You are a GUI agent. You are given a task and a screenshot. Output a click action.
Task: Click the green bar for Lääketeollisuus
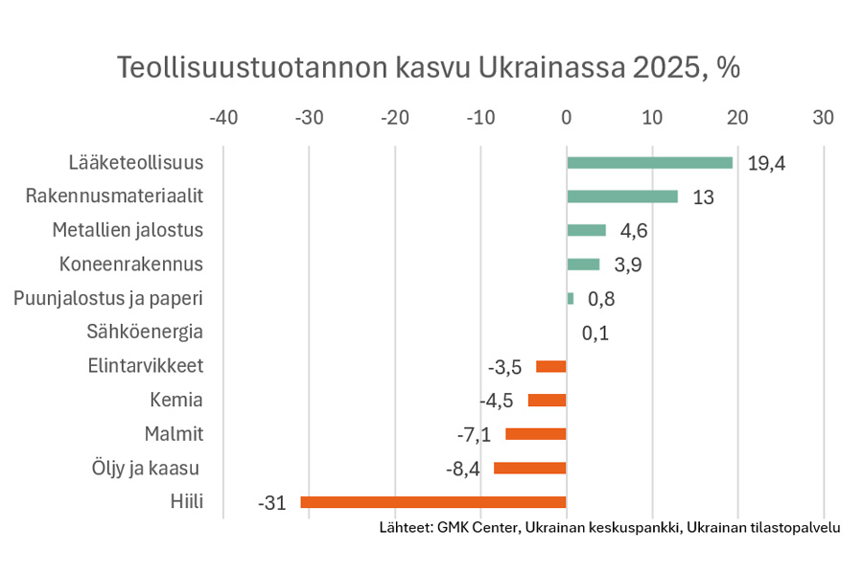(649, 163)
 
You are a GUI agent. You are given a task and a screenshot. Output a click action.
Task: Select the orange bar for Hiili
(433, 502)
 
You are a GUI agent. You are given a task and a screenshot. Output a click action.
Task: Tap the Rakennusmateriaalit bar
(622, 196)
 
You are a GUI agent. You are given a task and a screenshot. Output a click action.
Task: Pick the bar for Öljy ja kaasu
(529, 468)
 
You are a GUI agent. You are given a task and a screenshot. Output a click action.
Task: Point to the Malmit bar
(536, 434)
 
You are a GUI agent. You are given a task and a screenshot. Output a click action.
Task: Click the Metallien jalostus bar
(586, 230)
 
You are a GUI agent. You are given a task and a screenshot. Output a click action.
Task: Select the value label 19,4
(766, 164)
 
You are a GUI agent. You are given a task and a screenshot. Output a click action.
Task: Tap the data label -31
(272, 503)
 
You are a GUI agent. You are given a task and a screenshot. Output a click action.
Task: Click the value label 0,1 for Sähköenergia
(595, 333)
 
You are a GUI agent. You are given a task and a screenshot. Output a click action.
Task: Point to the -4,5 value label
(497, 401)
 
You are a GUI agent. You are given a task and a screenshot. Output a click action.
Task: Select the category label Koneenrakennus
(131, 264)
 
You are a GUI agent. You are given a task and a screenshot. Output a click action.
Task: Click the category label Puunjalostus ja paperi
(108, 298)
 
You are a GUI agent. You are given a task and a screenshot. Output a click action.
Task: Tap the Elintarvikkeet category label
(146, 366)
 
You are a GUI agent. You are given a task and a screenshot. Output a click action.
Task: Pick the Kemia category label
(177, 400)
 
